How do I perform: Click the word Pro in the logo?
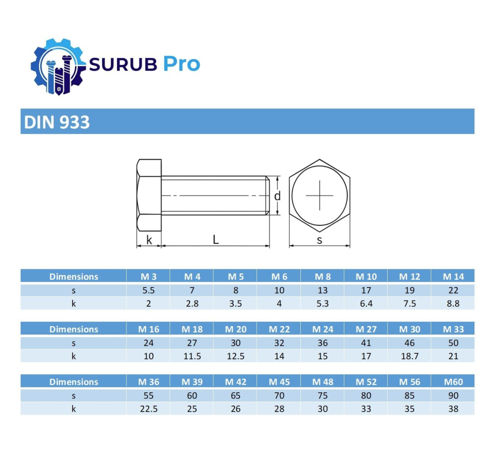(x=181, y=64)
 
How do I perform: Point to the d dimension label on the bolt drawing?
(x=278, y=196)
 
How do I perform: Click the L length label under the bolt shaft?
(x=215, y=240)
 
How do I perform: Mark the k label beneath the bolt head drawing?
(x=149, y=240)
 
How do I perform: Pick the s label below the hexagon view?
(x=320, y=240)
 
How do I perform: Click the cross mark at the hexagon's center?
(x=320, y=195)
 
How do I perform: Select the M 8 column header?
(x=323, y=277)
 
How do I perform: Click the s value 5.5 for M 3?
(x=148, y=290)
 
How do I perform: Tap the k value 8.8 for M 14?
(x=453, y=303)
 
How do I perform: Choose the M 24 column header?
(x=323, y=329)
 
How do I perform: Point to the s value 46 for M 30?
(x=409, y=342)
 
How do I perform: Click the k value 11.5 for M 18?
(x=192, y=356)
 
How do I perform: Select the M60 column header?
(x=453, y=381)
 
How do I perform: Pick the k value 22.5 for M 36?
(x=148, y=409)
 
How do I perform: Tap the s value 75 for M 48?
(x=323, y=395)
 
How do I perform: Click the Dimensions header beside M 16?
(x=74, y=329)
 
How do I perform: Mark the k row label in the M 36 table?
(x=74, y=409)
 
